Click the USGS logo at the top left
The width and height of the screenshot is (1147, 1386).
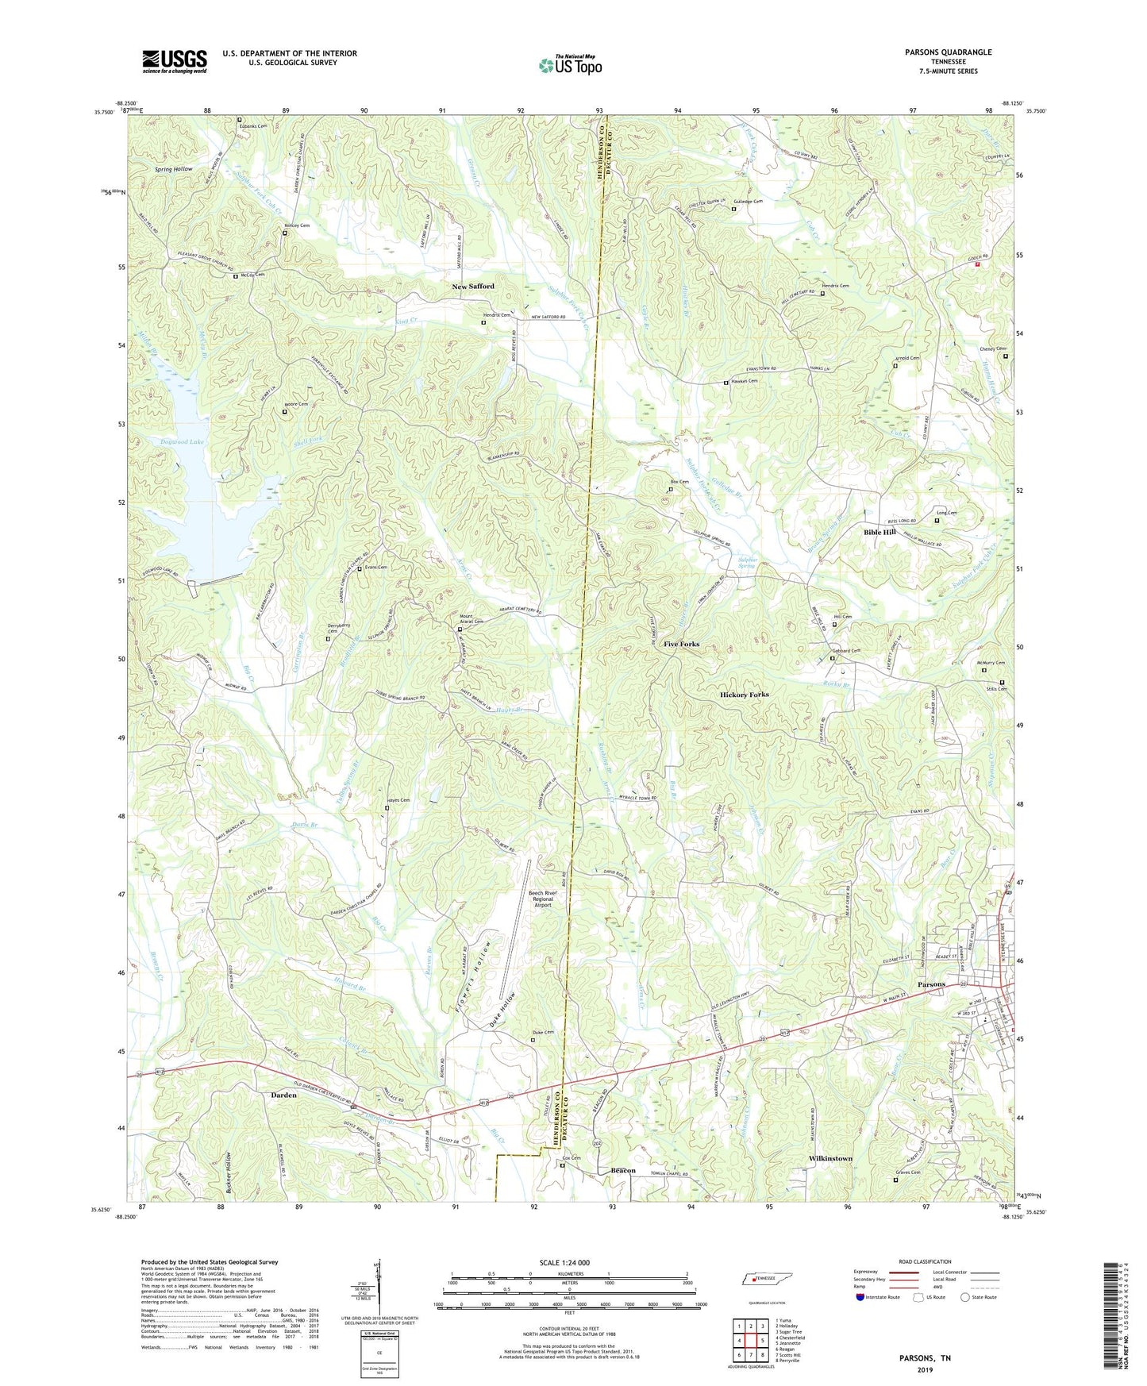pos(175,61)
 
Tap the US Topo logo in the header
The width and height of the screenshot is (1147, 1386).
pos(570,65)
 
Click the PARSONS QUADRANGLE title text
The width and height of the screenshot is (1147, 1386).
pos(948,52)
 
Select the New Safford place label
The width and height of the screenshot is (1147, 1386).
pos(473,286)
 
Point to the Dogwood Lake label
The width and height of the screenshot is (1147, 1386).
pos(182,441)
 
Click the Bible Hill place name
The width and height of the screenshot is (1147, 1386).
pos(879,532)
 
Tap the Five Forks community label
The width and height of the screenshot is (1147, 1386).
pos(681,644)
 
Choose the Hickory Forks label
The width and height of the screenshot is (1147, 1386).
pos(744,695)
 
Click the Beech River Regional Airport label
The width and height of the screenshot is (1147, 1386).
pos(543,899)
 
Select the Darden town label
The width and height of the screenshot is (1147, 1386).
pos(284,1095)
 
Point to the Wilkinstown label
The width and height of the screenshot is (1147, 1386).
pos(830,1158)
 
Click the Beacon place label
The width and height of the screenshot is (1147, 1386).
pos(623,1171)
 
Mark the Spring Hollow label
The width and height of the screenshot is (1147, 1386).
pos(174,169)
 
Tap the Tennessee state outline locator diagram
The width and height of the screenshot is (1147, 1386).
pos(767,1280)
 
